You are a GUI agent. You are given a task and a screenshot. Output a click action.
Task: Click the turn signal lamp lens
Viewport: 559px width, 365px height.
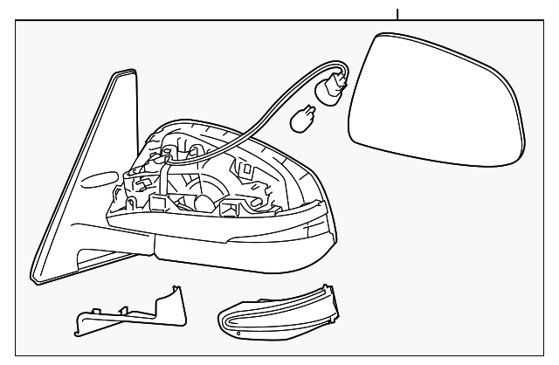point(277,310)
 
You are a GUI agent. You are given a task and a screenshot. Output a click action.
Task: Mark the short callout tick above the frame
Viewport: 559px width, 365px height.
point(397,13)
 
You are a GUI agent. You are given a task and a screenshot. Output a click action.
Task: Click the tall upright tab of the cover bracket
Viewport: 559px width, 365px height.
point(176,298)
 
